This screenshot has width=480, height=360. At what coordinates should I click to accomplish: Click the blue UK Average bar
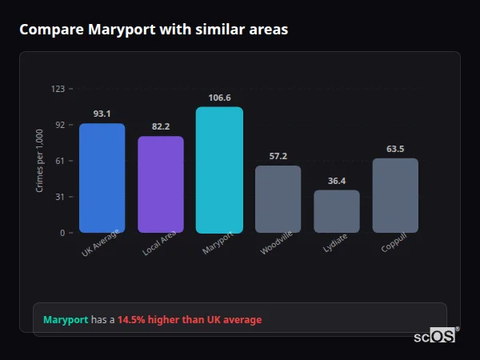point(102,178)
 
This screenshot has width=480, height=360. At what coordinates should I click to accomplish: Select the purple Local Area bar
point(161,184)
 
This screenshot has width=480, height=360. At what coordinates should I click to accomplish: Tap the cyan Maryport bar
point(219,170)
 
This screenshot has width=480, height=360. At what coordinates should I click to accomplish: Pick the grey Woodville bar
point(278,199)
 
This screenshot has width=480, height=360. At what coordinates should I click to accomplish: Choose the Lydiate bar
point(337,211)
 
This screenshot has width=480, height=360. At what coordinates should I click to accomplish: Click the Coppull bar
point(395,195)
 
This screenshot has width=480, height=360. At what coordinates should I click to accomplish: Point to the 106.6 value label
point(219,98)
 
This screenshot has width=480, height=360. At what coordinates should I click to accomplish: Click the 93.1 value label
point(102,114)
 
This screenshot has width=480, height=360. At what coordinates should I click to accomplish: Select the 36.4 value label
point(337,181)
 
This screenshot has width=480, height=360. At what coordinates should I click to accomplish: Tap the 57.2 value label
point(278,156)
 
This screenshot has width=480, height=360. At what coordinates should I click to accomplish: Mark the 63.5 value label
point(395,149)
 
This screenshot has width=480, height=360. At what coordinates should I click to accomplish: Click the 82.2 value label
point(161,126)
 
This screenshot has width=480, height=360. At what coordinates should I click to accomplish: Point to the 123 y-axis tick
point(58,88)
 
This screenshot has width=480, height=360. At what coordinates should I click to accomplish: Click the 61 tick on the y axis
point(59,161)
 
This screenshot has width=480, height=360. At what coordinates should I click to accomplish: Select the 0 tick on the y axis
point(62,233)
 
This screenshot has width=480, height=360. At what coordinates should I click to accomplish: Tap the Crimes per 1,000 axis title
point(39,160)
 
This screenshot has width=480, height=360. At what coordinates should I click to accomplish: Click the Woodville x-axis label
point(277,243)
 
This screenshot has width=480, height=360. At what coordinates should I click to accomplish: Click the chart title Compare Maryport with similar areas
point(154,30)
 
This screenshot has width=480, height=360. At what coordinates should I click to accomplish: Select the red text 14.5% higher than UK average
point(190,320)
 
